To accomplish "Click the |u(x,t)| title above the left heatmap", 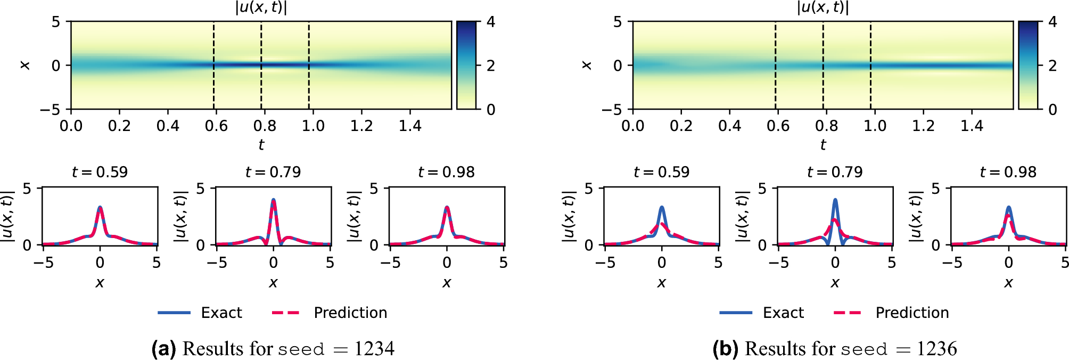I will (x=261, y=7).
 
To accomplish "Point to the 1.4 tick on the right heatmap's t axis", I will (x=972, y=126).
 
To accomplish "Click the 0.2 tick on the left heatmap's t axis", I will (x=119, y=126).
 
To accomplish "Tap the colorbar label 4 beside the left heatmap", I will (x=491, y=22).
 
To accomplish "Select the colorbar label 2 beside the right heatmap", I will (x=1052, y=66).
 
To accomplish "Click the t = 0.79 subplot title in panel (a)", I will (x=273, y=172).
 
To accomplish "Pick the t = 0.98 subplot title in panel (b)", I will (x=1008, y=172).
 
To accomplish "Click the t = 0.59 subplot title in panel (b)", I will (x=661, y=172).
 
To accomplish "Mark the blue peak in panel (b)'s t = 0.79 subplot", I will (x=835, y=200).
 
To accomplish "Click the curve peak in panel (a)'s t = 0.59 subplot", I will (x=100, y=208).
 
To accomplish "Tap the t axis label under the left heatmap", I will (x=261, y=144).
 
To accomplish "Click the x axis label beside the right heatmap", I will (x=587, y=65).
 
